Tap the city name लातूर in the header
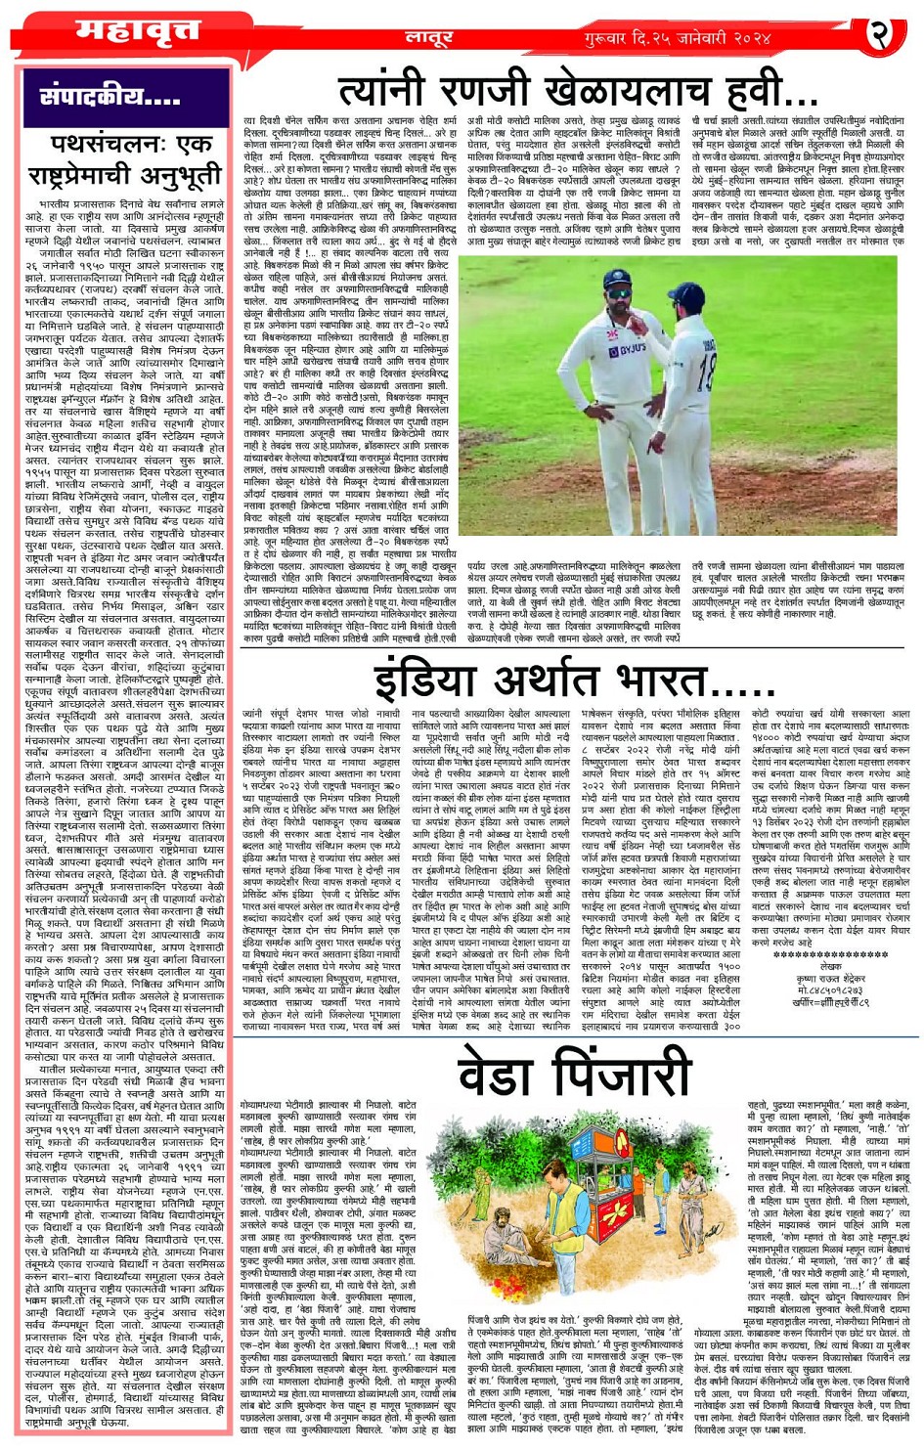click(427, 38)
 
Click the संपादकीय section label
click(110, 97)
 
